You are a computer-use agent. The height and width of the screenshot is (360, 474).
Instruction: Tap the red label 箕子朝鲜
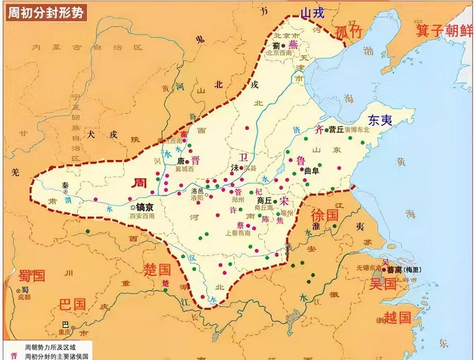coord(444,30)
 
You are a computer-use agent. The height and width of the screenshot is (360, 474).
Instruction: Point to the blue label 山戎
coord(312,13)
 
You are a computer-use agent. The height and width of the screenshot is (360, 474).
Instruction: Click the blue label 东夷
coord(380,120)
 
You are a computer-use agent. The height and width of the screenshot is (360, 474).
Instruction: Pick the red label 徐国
coord(324,214)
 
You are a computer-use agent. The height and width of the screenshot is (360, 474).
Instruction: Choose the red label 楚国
coord(157,270)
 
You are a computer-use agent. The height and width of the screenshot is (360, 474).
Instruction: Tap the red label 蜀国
coord(32,276)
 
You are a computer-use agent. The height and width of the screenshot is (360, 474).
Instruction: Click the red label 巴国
coord(72,304)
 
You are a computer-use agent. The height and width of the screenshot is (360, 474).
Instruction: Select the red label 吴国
coord(383,284)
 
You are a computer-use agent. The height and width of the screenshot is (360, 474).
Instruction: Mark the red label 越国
coord(397,317)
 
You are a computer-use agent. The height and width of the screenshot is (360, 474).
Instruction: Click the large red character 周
coord(140,182)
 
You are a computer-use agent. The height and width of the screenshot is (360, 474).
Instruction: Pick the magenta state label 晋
coord(195,160)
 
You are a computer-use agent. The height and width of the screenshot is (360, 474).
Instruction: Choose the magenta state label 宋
coord(284,201)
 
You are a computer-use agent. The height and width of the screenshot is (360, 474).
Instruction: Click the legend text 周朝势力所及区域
coord(50,347)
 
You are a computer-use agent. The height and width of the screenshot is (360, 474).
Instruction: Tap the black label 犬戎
coord(102,134)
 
